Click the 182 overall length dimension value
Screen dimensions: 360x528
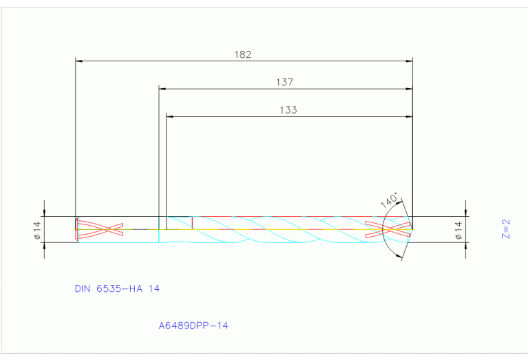pyautogui.click(x=244, y=54)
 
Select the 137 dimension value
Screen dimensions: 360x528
pyautogui.click(x=284, y=82)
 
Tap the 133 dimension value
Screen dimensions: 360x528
pyautogui.click(x=288, y=109)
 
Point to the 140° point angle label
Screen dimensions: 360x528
pyautogui.click(x=389, y=201)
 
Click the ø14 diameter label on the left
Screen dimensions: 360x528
pyautogui.click(x=38, y=229)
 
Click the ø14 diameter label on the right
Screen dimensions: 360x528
pyautogui.click(x=458, y=229)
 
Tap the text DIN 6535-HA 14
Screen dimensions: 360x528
pyautogui.click(x=117, y=288)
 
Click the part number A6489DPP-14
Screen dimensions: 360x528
pyautogui.click(x=193, y=325)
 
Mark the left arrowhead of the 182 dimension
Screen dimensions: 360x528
pyautogui.click(x=78, y=61)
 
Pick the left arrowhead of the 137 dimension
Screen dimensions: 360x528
pyautogui.click(x=162, y=89)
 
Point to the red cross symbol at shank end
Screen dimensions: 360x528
pyautogui.click(x=100, y=229)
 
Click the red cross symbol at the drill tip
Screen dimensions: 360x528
pyautogui.click(x=389, y=229)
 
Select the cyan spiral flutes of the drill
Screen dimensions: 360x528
pyautogui.click(x=275, y=229)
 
